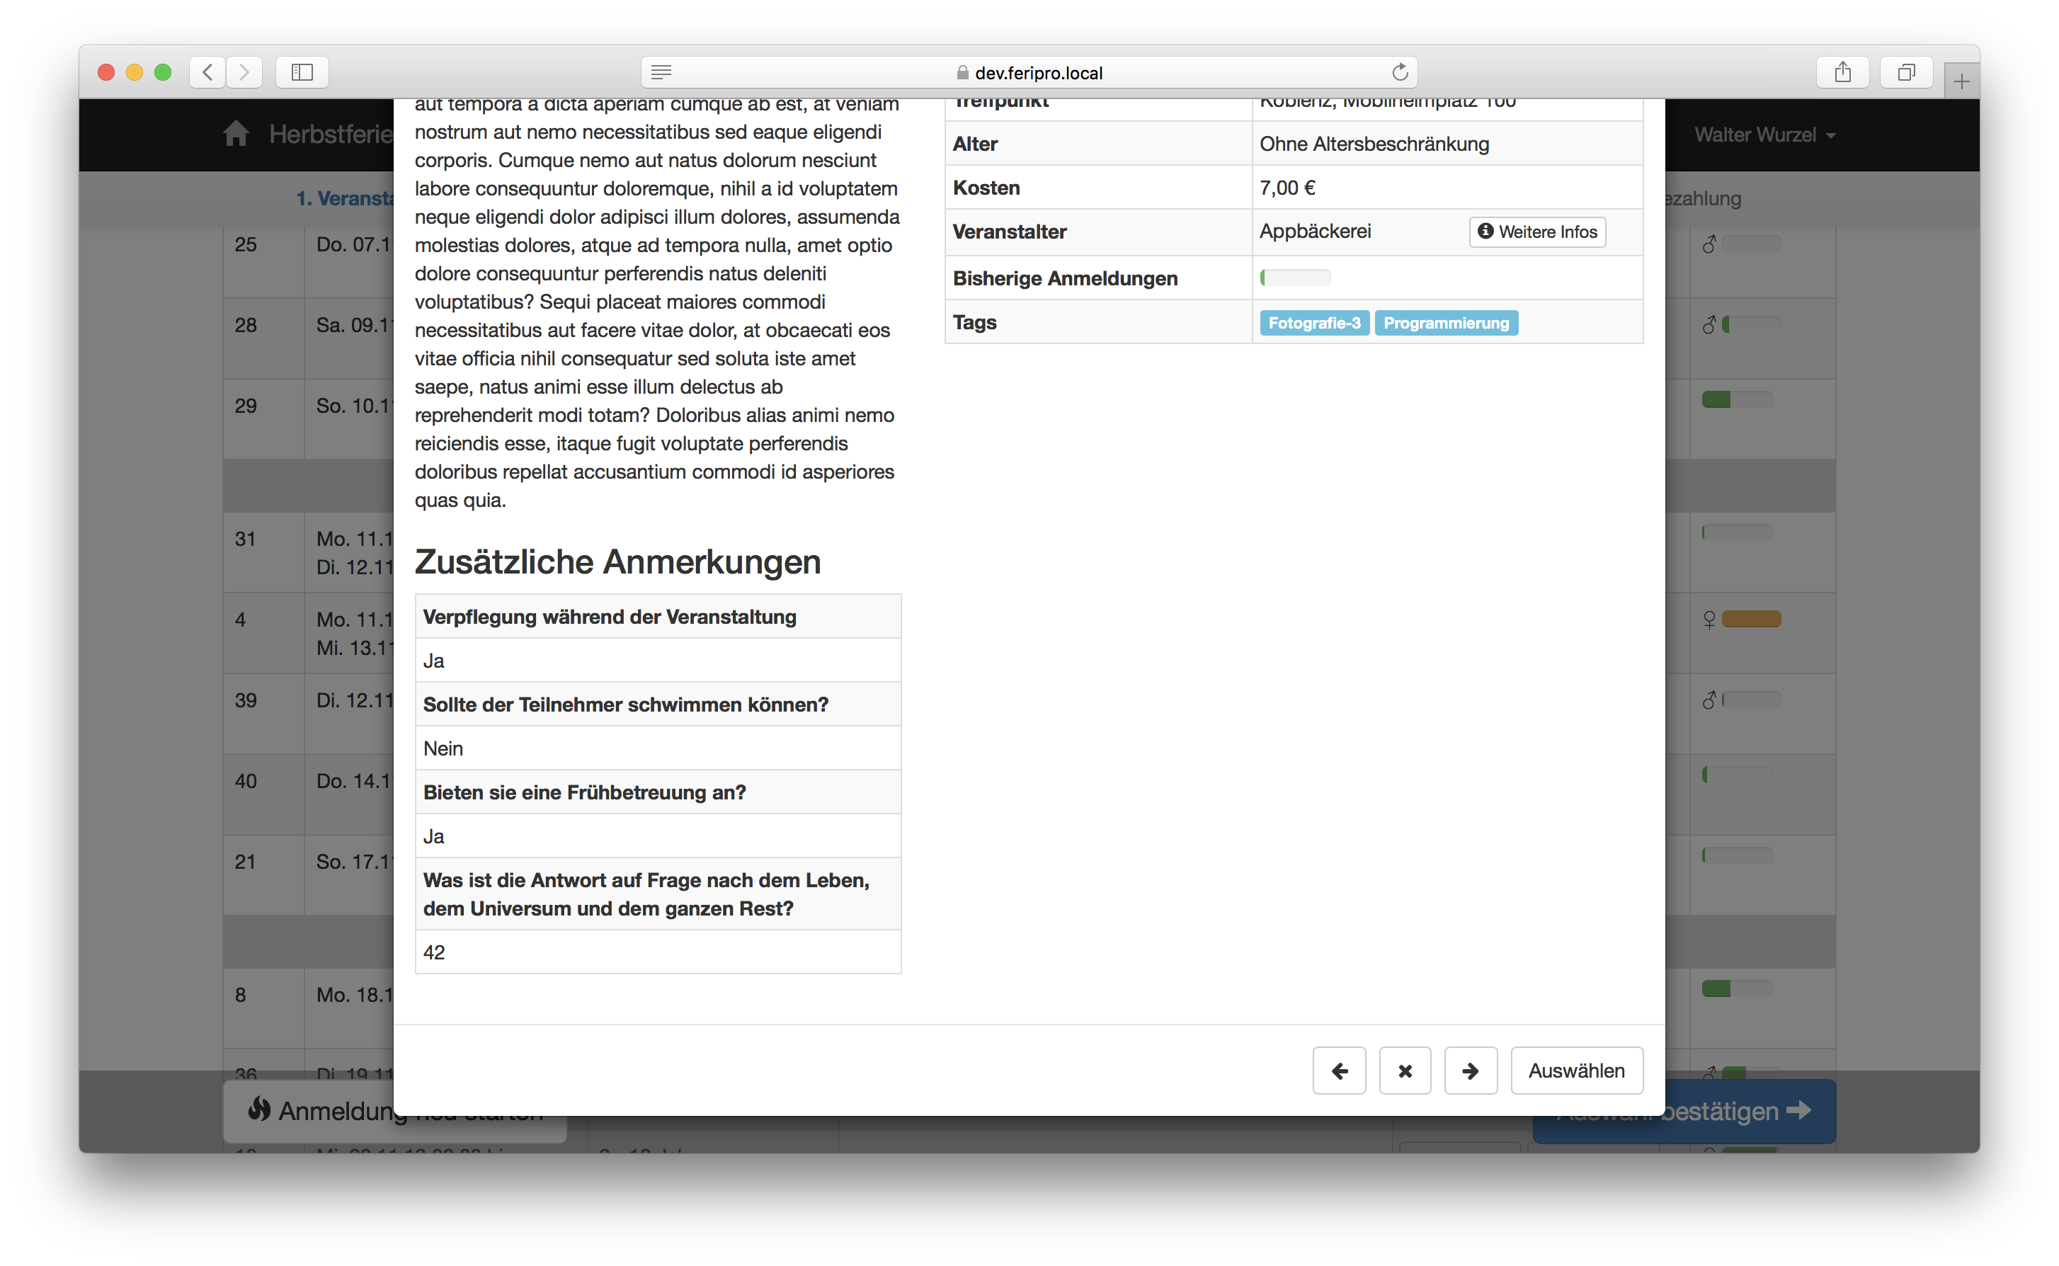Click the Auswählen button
click(x=1576, y=1070)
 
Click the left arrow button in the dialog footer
click(x=1339, y=1070)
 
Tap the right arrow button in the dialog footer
click(x=1471, y=1070)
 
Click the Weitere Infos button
click(x=1537, y=232)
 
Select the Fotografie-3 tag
click(x=1313, y=323)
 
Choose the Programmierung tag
click(x=1445, y=323)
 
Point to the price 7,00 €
click(x=1287, y=188)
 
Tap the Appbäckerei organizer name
click(x=1315, y=231)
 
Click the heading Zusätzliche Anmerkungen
click(x=617, y=561)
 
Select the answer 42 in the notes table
click(x=435, y=952)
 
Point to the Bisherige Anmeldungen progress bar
click(x=1294, y=278)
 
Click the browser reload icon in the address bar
click(x=1399, y=73)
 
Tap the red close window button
click(x=106, y=72)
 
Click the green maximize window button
click(x=164, y=72)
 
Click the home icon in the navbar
click(x=236, y=134)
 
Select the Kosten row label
click(x=986, y=188)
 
